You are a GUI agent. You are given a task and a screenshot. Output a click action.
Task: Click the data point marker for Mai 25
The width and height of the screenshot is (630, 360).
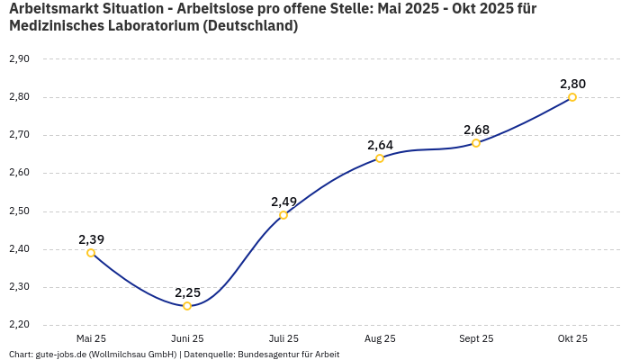coord(91,253)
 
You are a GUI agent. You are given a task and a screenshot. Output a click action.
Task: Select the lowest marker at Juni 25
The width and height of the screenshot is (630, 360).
coord(187,306)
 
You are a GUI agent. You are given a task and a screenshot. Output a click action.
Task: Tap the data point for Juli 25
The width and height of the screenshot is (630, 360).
coord(283,215)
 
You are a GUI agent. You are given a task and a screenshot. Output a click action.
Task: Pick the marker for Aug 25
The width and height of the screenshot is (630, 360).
coord(380,158)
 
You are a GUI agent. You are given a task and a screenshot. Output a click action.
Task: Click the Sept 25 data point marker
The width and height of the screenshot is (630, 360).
coord(476,143)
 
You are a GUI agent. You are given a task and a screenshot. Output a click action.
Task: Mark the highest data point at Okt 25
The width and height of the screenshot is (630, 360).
coord(572,97)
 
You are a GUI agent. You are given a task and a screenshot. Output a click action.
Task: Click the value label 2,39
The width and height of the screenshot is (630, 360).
coord(91,239)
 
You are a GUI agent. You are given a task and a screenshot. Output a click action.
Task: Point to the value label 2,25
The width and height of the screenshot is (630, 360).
coord(187,292)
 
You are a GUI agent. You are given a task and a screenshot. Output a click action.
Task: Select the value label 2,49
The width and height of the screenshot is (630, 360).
coord(283,202)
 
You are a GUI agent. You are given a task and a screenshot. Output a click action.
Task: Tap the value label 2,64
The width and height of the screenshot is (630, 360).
coord(380,145)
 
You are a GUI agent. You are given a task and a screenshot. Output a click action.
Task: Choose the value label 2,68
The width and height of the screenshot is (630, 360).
coord(476,130)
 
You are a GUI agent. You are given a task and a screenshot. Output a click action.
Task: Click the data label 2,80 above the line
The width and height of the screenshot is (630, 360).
coord(572,84)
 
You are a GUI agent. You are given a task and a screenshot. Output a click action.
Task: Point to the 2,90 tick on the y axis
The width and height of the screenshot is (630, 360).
coord(19,59)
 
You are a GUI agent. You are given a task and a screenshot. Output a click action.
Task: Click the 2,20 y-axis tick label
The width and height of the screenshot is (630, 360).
coord(19,325)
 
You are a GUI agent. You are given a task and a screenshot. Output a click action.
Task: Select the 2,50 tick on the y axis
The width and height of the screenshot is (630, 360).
coord(19,211)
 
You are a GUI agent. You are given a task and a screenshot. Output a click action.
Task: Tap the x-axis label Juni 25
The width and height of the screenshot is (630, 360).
coord(187,338)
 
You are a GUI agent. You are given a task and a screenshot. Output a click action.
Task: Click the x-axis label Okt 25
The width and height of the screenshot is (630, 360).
coord(572,338)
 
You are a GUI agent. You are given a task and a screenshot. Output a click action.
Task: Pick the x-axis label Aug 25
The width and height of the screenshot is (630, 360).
coord(380,338)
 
